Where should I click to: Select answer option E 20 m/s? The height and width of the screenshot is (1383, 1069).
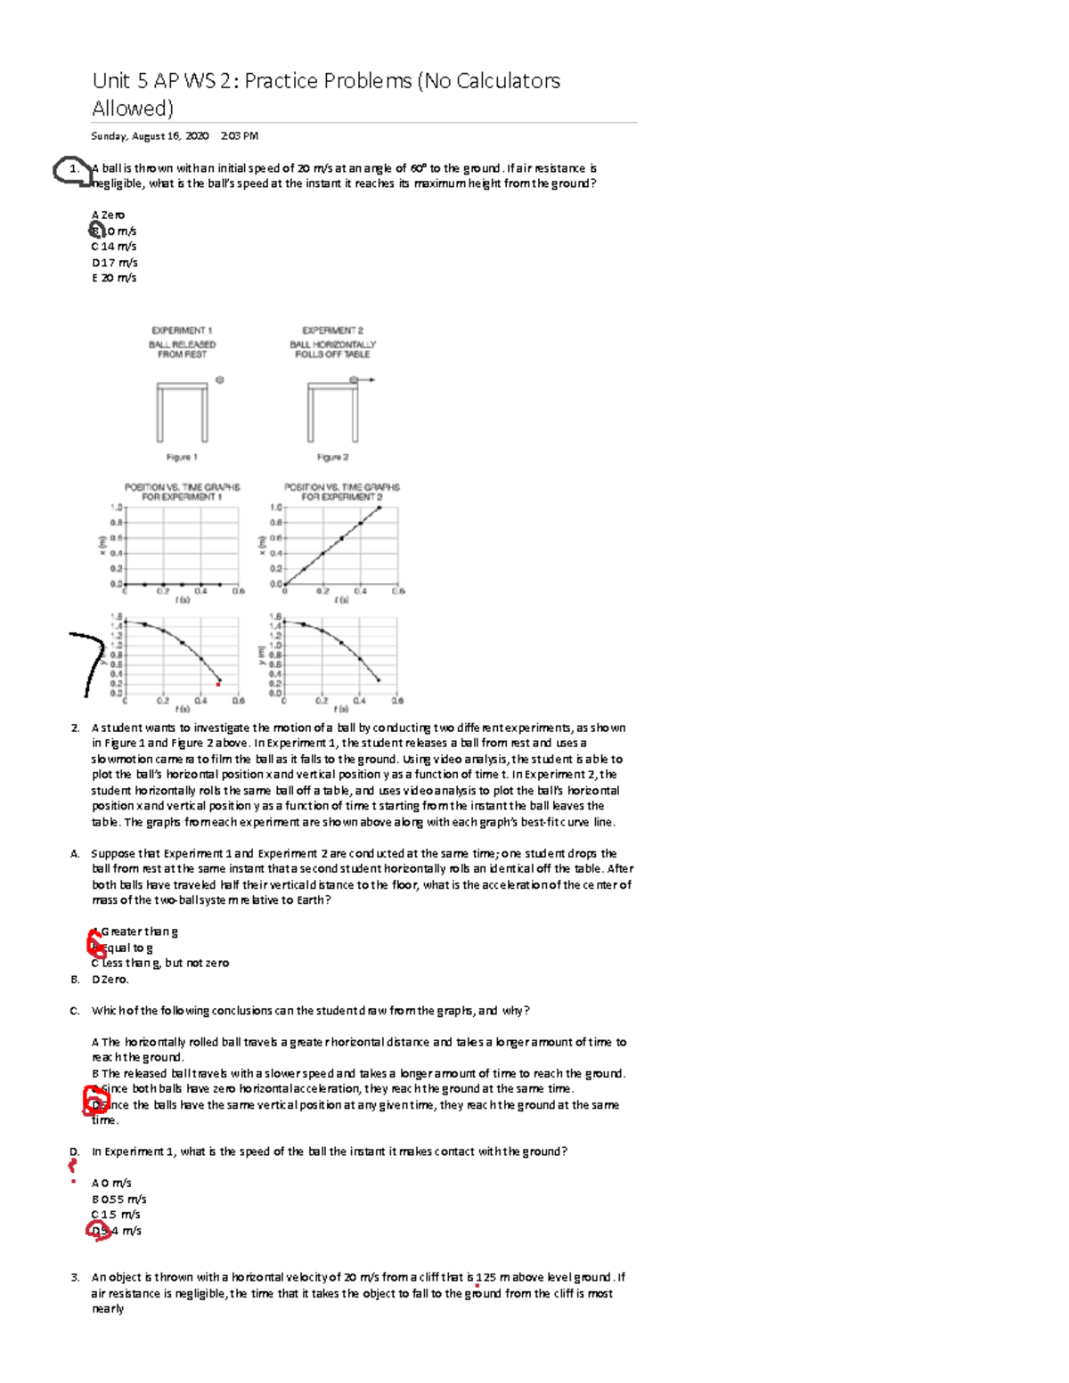pos(114,278)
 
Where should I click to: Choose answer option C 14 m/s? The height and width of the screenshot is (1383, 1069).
pos(114,247)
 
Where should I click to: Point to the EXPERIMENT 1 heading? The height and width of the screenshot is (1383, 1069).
pos(182,330)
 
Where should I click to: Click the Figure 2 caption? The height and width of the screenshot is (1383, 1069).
pos(332,457)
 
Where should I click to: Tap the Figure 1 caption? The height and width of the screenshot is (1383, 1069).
pos(182,457)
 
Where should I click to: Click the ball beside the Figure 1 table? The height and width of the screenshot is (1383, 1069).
pos(220,379)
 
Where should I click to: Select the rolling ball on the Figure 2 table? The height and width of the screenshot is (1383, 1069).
pos(354,379)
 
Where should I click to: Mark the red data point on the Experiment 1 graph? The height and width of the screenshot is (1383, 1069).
pos(219,684)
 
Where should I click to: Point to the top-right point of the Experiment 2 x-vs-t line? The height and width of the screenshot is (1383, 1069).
pos(379,508)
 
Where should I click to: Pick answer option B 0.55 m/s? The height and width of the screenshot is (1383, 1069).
pos(118,1199)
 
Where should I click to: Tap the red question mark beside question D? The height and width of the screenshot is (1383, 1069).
pos(73,1165)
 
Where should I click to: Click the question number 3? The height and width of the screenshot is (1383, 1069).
pos(75,1277)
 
